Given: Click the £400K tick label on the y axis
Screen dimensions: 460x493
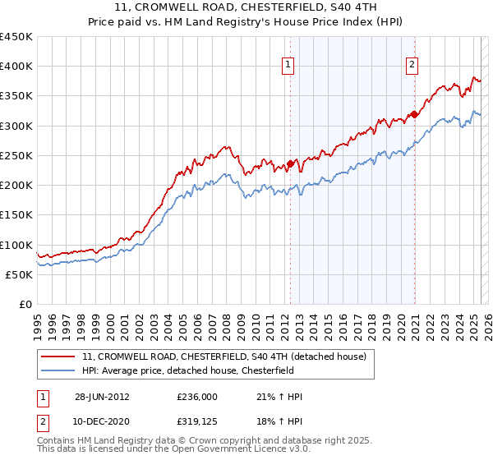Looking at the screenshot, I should (16, 67).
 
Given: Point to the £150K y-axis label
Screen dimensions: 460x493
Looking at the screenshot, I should (16, 214).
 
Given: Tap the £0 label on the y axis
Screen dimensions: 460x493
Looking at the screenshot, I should (25, 304).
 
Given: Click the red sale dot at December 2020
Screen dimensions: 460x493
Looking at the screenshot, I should (414, 115).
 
